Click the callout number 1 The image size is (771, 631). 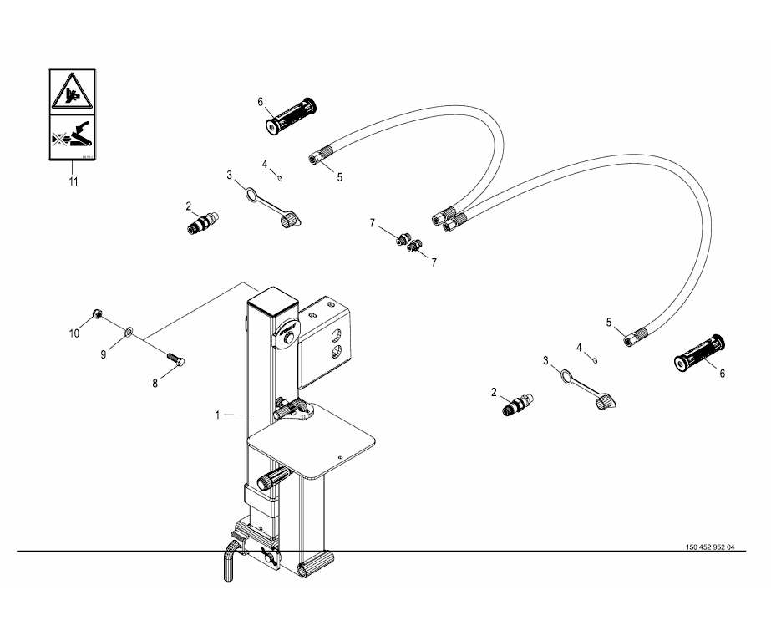(216, 413)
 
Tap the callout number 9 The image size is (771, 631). (104, 354)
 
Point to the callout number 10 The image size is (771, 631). (74, 333)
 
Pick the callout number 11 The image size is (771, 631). (73, 181)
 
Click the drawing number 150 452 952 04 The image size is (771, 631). (709, 548)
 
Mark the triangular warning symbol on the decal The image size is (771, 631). (71, 91)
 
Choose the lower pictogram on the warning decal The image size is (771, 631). (71, 135)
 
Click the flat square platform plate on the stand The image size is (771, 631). (313, 447)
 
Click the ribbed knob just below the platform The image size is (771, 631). (273, 481)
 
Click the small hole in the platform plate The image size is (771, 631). (340, 456)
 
